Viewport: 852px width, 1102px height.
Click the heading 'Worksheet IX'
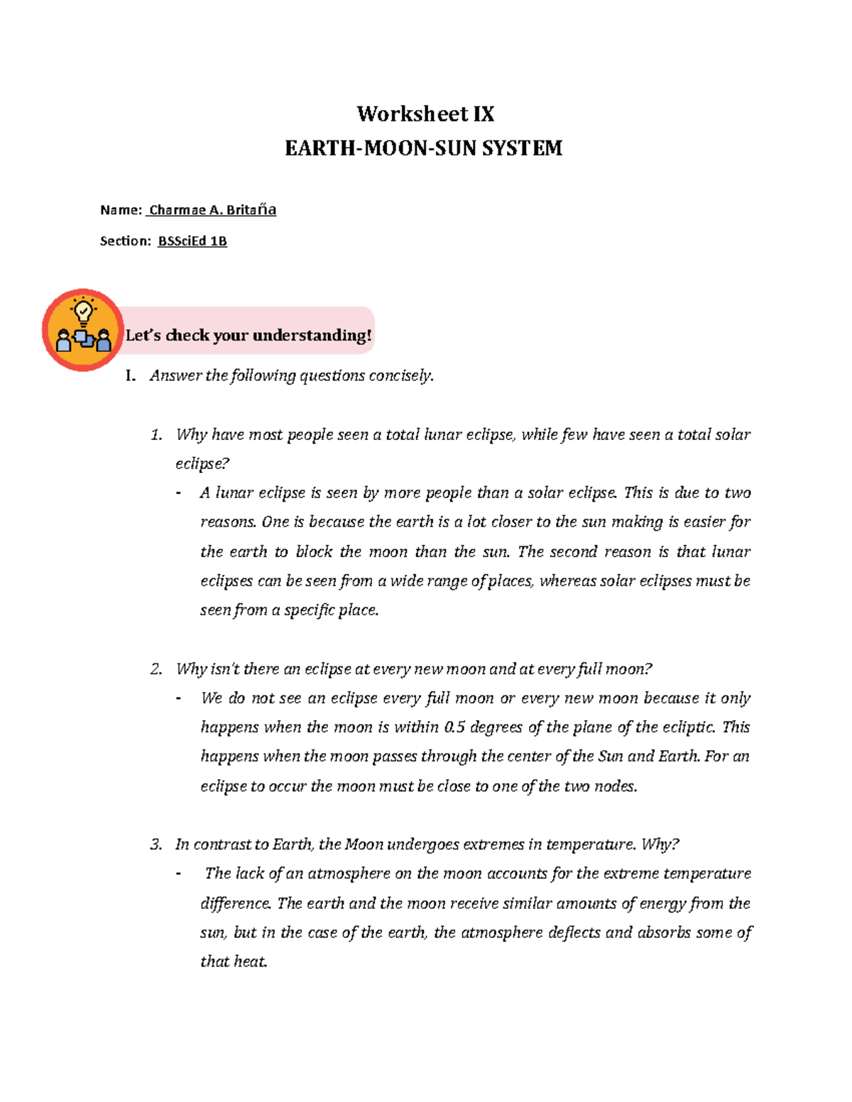[425, 114]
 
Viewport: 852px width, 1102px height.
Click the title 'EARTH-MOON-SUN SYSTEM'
[424, 148]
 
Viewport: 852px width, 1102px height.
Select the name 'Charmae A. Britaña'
[212, 210]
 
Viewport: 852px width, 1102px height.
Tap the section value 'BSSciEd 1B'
[192, 241]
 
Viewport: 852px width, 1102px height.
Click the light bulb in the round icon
[84, 312]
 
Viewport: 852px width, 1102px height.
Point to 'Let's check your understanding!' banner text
[248, 335]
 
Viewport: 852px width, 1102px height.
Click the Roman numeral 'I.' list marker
[130, 376]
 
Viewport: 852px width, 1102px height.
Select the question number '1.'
[156, 435]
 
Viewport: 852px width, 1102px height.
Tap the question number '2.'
[156, 669]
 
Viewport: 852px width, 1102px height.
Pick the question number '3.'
[156, 844]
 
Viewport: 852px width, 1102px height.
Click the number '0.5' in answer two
[454, 727]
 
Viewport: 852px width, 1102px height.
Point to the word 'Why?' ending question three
[660, 844]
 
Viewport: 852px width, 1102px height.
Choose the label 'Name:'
[121, 210]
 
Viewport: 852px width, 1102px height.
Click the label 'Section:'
[126, 241]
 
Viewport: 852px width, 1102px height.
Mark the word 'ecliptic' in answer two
[688, 727]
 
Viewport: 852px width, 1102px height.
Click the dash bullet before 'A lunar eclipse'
[178, 493]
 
